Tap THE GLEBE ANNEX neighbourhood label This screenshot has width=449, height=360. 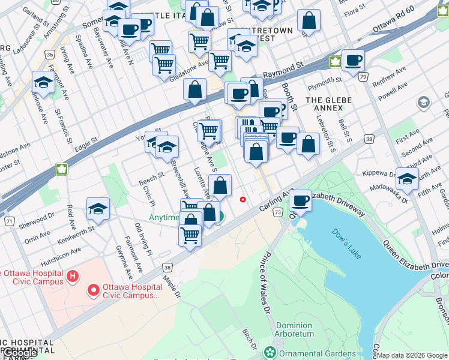[x=324, y=103]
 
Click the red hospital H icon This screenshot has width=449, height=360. [x=73, y=277]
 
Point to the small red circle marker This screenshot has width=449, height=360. [x=243, y=199]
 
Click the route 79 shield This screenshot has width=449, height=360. [x=363, y=76]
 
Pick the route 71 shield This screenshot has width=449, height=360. [x=9, y=221]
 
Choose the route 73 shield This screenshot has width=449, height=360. [x=277, y=212]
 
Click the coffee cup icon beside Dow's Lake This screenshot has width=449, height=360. [x=300, y=199]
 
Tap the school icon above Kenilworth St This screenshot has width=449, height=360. [x=98, y=208]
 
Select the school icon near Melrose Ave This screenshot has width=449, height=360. [x=43, y=82]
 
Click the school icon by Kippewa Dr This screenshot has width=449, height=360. [x=407, y=178]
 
